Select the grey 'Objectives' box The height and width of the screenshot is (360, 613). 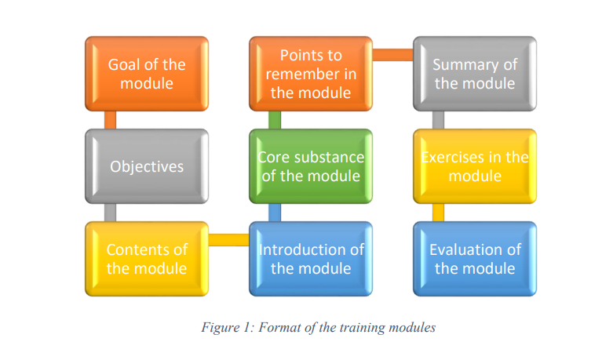click(147, 165)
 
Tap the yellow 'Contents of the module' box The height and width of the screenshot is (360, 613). click(147, 259)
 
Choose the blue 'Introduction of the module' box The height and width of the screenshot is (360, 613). click(311, 259)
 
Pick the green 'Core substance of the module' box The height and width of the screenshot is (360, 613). click(311, 165)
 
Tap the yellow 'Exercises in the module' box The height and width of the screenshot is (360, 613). click(475, 165)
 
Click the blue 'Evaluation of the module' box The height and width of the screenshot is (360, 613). click(475, 259)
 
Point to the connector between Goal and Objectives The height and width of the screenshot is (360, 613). click(110, 119)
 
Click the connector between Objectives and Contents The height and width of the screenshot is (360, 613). click(110, 212)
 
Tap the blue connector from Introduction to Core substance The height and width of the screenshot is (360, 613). click(274, 212)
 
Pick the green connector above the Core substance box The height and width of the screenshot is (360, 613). click(274, 119)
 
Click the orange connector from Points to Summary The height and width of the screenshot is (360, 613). click(392, 54)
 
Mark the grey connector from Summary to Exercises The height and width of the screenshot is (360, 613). click(438, 119)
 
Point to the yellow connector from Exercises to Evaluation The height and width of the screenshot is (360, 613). click(438, 212)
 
